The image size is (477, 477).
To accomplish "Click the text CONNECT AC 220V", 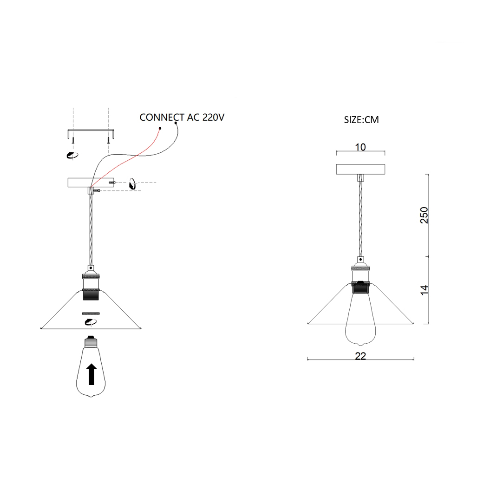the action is [x=182, y=117].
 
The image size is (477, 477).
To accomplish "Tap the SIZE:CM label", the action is [x=361, y=119].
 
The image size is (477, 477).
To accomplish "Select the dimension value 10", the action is [x=360, y=147].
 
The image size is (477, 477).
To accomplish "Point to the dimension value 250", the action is [x=424, y=215].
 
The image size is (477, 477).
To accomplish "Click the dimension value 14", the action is [x=424, y=290].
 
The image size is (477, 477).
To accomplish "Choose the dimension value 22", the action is [x=360, y=356].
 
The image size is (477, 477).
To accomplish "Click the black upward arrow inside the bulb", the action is [x=91, y=374].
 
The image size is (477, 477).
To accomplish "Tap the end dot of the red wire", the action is [x=160, y=128].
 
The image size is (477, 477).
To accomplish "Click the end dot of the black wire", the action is [x=176, y=123].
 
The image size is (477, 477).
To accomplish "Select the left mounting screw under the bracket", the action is [x=73, y=140].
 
